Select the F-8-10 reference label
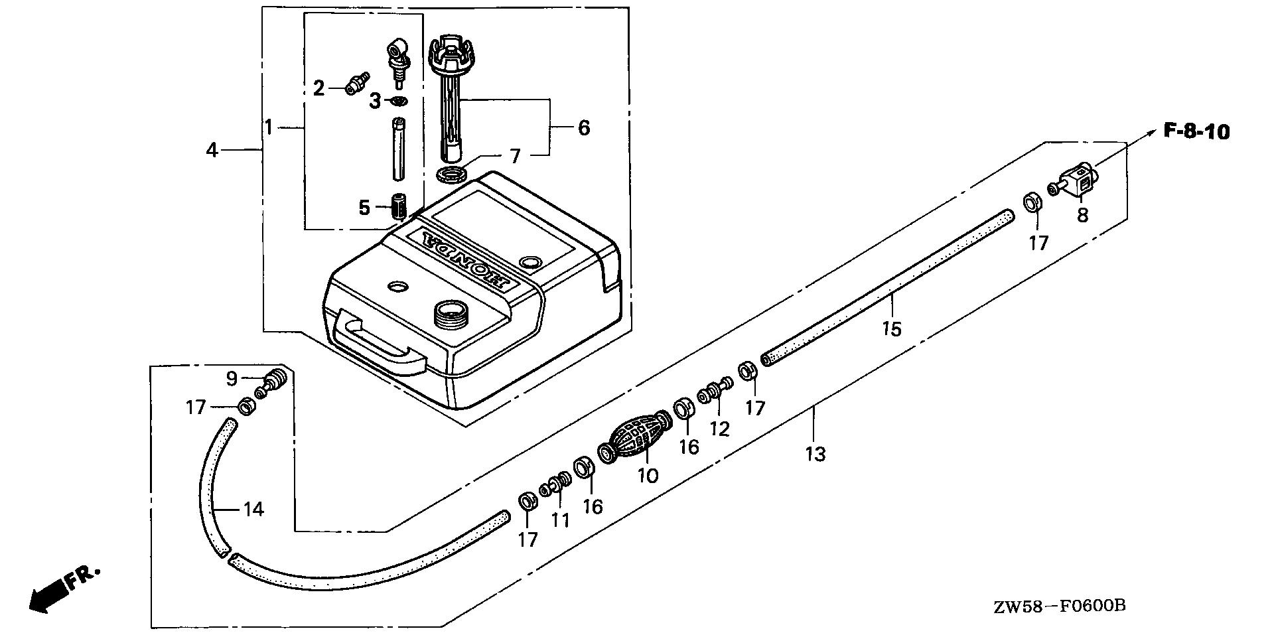coord(1196,132)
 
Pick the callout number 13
coord(815,455)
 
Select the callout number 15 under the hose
coord(892,328)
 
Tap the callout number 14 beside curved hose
coord(253,510)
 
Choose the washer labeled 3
coord(398,101)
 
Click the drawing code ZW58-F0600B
coord(1059,606)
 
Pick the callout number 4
coord(212,151)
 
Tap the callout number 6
coord(583,127)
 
